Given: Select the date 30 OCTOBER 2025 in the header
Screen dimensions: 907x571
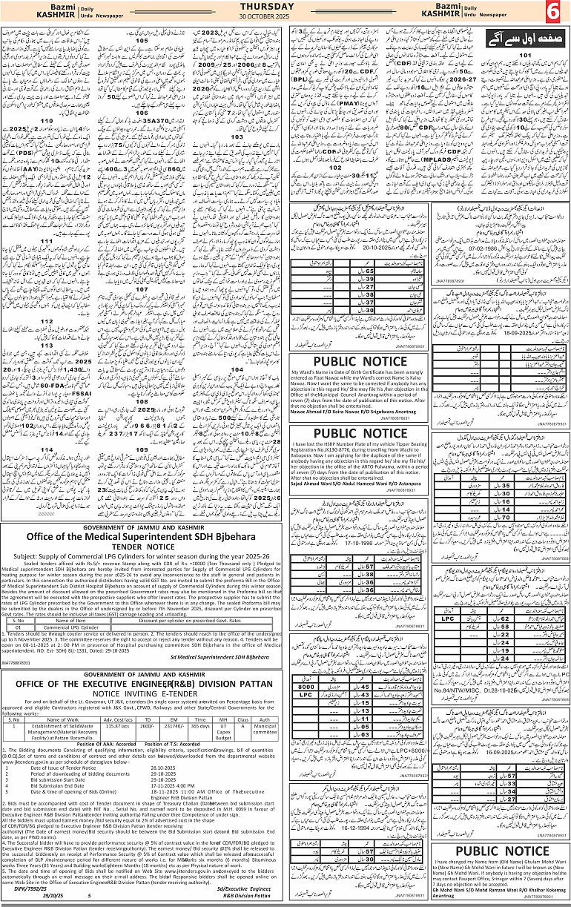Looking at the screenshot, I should (x=285, y=18).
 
